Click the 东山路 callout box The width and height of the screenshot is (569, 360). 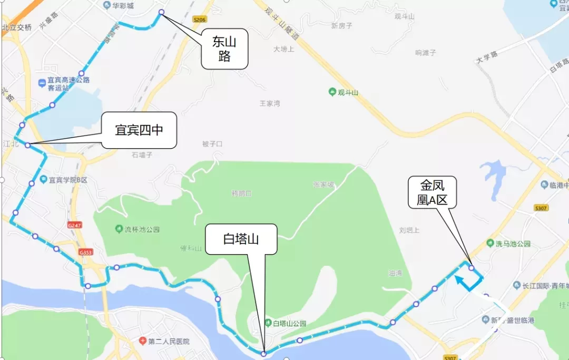tap(224, 49)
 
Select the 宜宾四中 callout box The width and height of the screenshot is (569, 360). tap(139, 130)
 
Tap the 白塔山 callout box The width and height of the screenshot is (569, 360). tap(241, 240)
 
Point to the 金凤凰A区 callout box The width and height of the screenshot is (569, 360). tap(433, 192)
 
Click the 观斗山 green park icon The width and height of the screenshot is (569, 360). tap(332, 92)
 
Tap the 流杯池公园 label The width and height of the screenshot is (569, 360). tap(142, 229)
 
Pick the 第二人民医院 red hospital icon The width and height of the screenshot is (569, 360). tap(143, 342)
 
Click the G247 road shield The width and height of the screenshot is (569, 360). tap(75, 225)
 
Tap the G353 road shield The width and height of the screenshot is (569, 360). tap(86, 252)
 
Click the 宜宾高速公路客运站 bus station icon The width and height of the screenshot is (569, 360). tap(42, 83)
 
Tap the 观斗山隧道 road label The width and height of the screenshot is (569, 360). tap(282, 24)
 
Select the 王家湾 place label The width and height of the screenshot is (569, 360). tap(270, 103)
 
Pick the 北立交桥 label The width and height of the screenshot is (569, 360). tap(17, 27)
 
